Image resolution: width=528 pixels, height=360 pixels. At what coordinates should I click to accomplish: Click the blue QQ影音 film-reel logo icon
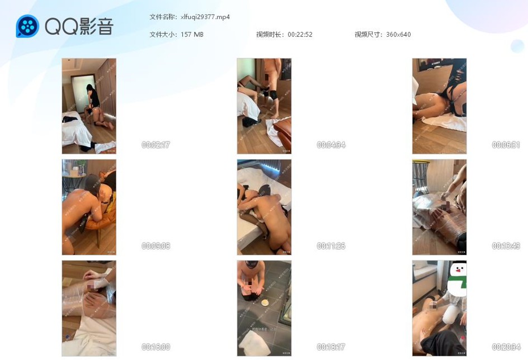27,26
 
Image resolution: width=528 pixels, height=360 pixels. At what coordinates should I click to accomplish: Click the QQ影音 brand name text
79,26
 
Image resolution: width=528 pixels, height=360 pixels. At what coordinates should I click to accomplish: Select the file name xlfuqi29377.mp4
205,17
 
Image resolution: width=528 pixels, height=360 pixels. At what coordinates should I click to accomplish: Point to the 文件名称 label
163,17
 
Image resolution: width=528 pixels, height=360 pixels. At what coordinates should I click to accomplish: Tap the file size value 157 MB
192,35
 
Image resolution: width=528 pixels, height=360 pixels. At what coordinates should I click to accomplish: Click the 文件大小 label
163,35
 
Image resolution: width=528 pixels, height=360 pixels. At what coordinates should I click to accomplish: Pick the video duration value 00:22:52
300,35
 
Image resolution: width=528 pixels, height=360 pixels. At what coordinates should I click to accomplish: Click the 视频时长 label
270,35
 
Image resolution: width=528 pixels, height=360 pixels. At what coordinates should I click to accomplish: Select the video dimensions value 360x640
398,35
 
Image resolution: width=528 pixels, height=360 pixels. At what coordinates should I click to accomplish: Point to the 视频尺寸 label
368,35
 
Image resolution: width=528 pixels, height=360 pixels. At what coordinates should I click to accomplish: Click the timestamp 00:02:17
155,145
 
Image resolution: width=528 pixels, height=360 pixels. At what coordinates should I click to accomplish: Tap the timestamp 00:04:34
331,145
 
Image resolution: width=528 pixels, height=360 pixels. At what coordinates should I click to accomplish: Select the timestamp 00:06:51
506,145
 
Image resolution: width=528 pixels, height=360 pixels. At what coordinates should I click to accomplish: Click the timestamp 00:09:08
155,246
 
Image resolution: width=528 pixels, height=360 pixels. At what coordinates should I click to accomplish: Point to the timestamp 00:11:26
331,246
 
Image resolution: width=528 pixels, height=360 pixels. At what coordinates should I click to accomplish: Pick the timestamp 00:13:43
506,246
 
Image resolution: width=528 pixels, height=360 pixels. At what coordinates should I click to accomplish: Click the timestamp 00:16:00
155,347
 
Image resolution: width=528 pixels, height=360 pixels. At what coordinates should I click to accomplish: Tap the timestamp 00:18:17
331,347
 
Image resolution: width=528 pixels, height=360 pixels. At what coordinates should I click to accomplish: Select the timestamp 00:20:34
506,347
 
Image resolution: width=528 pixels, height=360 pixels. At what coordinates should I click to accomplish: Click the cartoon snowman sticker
458,278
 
